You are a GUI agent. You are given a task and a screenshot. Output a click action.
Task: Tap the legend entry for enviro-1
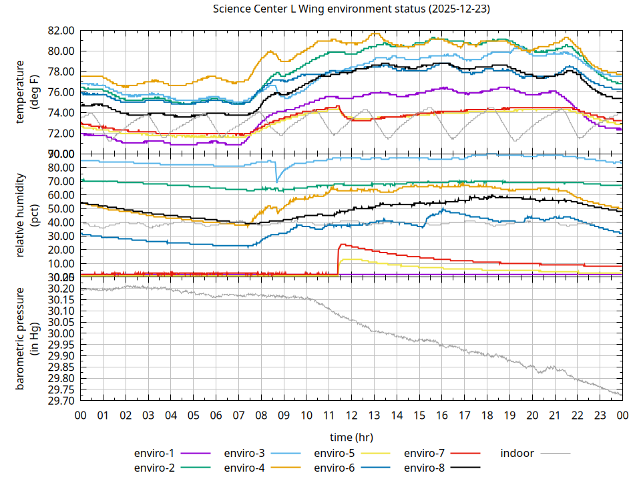click(153, 453)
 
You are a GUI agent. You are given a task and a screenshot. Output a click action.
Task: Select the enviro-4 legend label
click(244, 467)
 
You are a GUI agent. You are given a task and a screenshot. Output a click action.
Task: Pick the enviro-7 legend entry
click(424, 453)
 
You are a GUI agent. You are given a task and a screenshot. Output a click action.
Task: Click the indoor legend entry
click(517, 453)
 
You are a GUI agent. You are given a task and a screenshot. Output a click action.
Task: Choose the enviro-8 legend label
click(424, 467)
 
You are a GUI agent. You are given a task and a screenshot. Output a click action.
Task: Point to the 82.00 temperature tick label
click(61, 31)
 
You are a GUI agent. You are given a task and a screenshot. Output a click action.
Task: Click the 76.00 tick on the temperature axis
click(61, 92)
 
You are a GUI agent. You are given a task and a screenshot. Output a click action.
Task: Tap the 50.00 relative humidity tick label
click(61, 208)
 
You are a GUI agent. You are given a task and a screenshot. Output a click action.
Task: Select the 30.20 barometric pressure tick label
click(61, 289)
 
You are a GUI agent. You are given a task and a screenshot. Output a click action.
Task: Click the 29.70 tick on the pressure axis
click(61, 401)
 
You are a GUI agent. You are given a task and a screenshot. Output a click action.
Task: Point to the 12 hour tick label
click(351, 415)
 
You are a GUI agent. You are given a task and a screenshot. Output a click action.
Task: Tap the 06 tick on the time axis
click(216, 415)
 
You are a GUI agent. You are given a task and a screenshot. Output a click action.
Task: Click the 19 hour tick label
click(509, 415)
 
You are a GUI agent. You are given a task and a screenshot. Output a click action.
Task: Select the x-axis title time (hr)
click(351, 437)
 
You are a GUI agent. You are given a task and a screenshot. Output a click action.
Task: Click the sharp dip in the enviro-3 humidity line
click(277, 181)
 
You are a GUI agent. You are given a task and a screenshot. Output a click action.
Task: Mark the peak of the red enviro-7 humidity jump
click(342, 245)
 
